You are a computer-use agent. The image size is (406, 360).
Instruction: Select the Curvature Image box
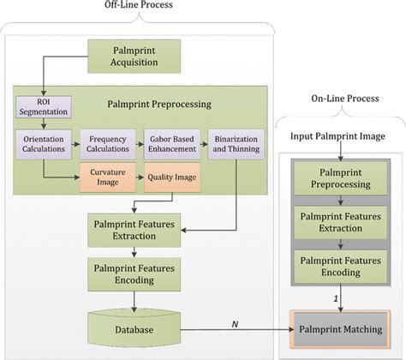click(109, 178)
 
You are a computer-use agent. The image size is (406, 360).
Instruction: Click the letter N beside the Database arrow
click(235, 322)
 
